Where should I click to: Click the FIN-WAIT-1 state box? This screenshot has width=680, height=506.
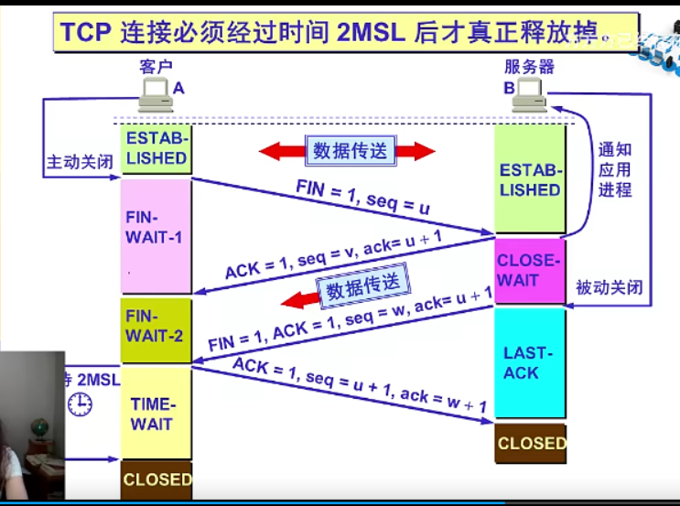tap(156, 235)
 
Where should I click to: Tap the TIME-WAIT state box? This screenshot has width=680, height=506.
tap(156, 414)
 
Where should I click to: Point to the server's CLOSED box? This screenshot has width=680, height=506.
tap(531, 443)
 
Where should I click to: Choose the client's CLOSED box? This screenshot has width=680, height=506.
tap(157, 479)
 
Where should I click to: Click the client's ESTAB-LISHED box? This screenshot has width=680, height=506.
tap(156, 149)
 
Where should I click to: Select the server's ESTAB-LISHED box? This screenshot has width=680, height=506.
tap(530, 180)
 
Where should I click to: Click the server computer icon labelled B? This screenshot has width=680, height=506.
tap(530, 94)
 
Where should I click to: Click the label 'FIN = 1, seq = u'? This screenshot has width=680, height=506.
tap(362, 197)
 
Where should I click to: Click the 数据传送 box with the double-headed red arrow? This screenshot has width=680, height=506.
tap(348, 151)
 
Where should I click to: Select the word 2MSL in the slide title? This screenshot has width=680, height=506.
tap(370, 33)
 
